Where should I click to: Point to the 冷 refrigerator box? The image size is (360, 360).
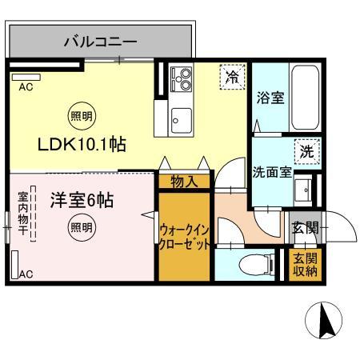[x=230, y=78]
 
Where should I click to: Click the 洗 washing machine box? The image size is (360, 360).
[x=306, y=150]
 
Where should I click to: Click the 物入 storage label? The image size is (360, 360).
[x=184, y=182]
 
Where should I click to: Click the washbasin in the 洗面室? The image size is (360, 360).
[x=303, y=190]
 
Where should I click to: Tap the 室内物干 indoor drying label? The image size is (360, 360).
[x=23, y=215]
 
